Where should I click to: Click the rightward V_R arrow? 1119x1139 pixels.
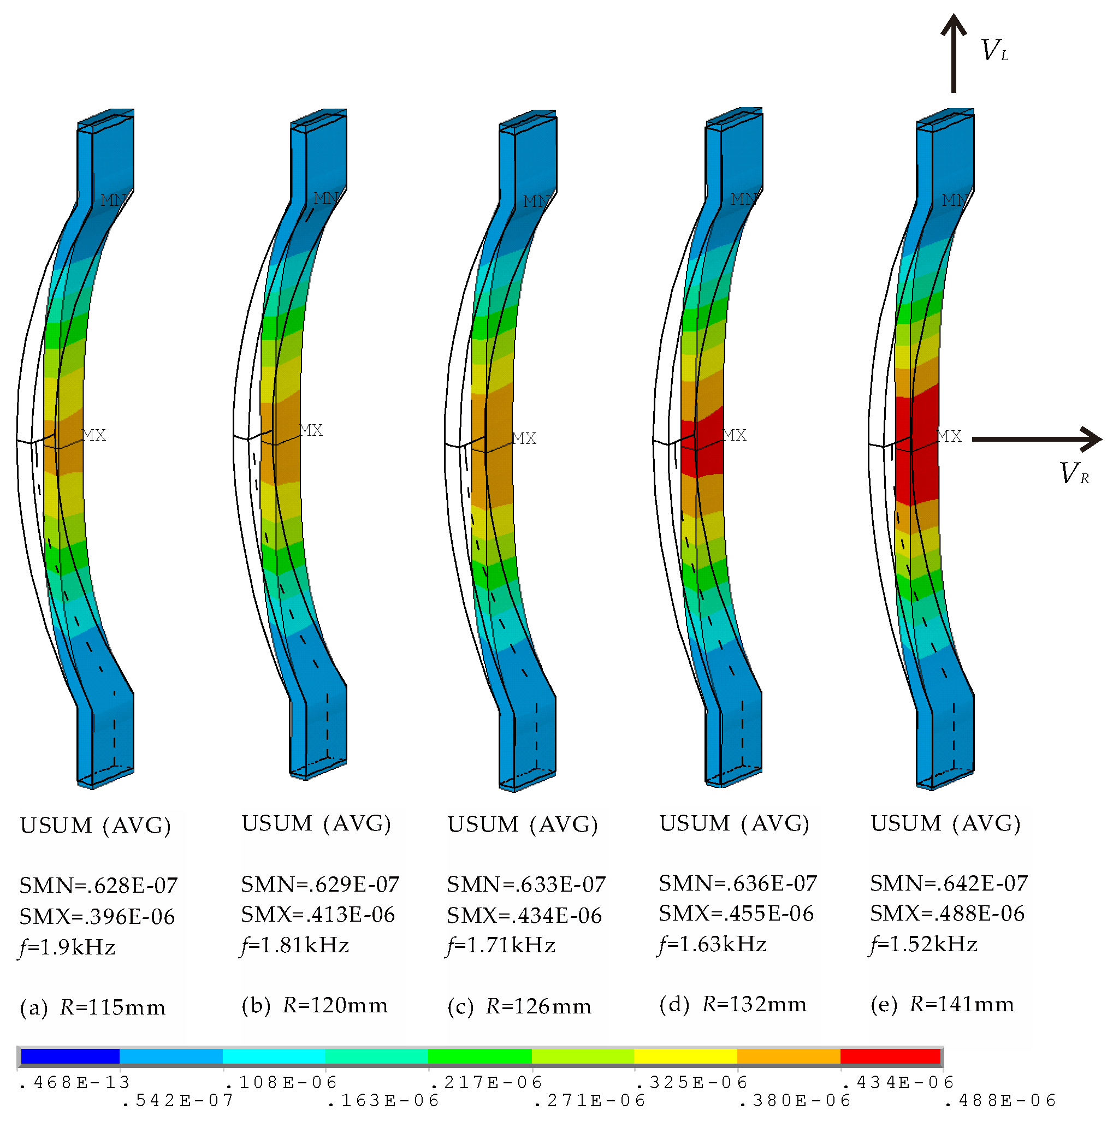(x=1037, y=438)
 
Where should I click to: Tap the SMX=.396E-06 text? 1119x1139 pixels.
(x=97, y=916)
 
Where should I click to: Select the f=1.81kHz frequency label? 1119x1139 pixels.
(x=295, y=946)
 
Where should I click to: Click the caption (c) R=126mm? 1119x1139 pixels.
(x=519, y=1007)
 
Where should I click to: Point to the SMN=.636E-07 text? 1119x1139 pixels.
(x=738, y=883)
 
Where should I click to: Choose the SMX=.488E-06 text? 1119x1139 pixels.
(x=947, y=914)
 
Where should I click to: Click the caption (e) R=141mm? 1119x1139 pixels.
(x=942, y=1005)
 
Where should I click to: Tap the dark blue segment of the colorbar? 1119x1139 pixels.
(x=70, y=1056)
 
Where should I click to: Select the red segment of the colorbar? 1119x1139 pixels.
(x=890, y=1056)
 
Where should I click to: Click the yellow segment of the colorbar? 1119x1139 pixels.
(x=685, y=1056)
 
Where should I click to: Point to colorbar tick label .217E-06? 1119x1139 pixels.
(x=487, y=1082)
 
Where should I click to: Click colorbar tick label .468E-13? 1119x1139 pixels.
(x=75, y=1082)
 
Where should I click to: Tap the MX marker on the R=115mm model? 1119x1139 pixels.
(x=94, y=435)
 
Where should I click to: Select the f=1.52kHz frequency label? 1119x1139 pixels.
(x=923, y=945)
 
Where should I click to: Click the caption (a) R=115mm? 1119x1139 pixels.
(x=93, y=1007)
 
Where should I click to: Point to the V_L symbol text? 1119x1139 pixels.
(x=994, y=51)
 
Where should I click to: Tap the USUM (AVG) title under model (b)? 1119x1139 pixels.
(x=316, y=824)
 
